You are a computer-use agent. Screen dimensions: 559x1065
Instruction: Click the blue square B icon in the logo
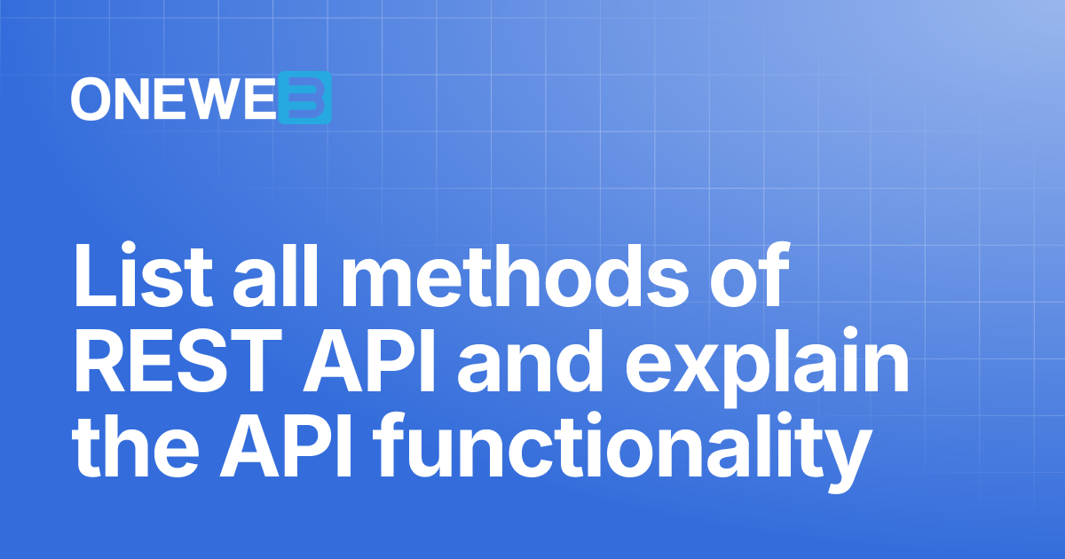(304, 98)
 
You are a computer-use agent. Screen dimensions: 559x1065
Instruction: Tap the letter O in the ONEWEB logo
(91, 98)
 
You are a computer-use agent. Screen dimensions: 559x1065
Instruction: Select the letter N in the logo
(131, 98)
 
